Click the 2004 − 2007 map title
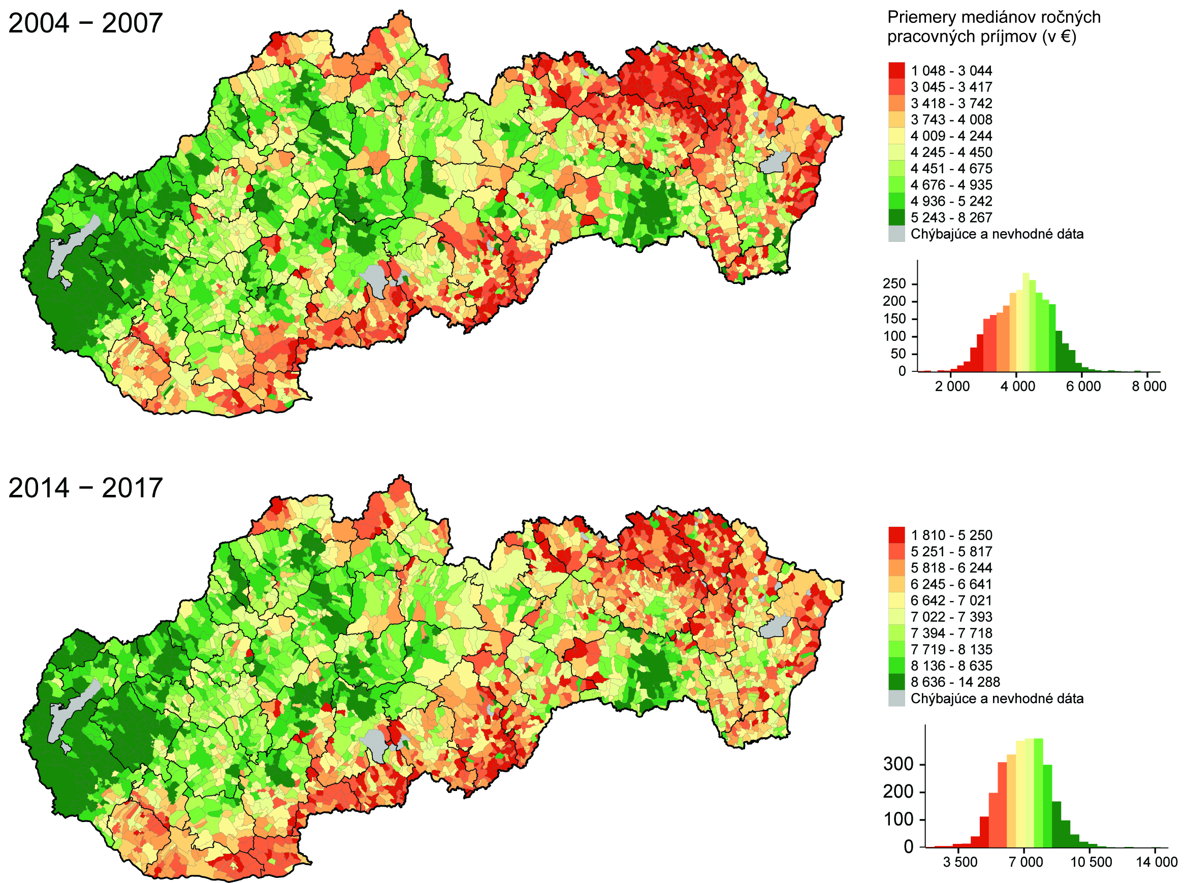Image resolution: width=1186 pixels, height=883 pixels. [x=85, y=23]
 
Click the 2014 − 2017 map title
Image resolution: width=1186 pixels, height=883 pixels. [x=85, y=487]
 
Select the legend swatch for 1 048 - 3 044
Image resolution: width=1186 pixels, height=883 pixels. [x=896, y=71]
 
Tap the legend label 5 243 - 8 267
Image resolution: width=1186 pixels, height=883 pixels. [x=951, y=217]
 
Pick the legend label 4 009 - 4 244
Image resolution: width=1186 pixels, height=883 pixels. [x=951, y=136]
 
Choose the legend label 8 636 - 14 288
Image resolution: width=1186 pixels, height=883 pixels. [x=955, y=682]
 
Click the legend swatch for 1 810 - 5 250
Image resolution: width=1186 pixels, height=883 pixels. [x=896, y=535]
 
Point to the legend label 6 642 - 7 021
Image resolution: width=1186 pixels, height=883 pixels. [x=951, y=600]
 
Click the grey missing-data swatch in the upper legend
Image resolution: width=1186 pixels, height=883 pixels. [x=896, y=234]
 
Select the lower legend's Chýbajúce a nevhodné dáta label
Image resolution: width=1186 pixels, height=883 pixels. [x=997, y=699]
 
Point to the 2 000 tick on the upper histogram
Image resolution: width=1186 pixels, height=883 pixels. [x=952, y=386]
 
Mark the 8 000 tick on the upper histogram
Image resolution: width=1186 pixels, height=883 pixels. [x=1148, y=386]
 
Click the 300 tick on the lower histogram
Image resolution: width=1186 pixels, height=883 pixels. [x=898, y=764]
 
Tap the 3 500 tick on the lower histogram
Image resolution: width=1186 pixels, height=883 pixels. [x=960, y=862]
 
